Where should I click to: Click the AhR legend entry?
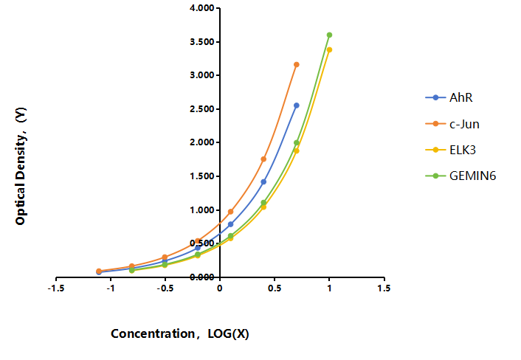[x=449, y=97]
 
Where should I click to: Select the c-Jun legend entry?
[x=452, y=124]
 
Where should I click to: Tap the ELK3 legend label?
[x=463, y=150]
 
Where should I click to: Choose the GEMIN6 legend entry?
[x=460, y=176]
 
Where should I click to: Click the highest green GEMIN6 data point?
[x=329, y=35]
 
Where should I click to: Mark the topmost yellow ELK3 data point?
[x=329, y=50]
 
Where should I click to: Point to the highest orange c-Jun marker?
[x=297, y=64]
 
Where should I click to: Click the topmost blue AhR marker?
[x=297, y=105]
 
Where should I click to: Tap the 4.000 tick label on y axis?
[x=202, y=8]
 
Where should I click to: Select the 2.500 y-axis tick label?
[x=202, y=109]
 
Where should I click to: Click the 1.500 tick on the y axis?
[x=202, y=176]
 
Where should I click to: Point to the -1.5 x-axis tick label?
[x=56, y=288]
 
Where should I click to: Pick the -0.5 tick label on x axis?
[x=165, y=288]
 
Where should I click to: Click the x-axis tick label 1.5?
[x=384, y=288]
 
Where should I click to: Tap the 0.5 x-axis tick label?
[x=275, y=288]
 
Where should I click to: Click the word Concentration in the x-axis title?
[x=153, y=333]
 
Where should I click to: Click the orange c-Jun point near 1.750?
[x=263, y=159]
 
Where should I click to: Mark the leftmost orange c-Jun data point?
[x=99, y=271]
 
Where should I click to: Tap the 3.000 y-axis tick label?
[x=202, y=75]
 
